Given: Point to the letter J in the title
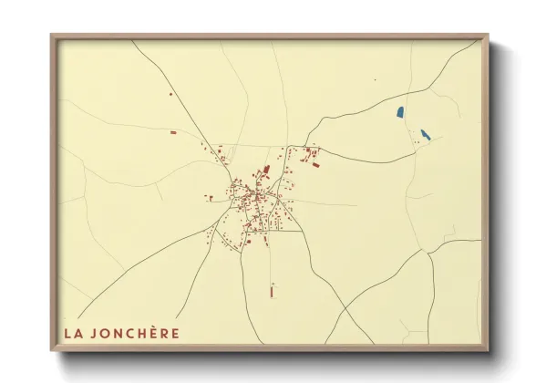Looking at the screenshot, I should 96,333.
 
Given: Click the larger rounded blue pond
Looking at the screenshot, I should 400,113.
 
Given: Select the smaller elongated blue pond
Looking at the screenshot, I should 425,135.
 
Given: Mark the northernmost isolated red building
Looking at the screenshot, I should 170,93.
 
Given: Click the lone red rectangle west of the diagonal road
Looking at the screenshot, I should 173,132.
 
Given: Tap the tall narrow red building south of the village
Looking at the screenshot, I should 272,292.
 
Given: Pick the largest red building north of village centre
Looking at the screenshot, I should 267,170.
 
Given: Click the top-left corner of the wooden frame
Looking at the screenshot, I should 52,36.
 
